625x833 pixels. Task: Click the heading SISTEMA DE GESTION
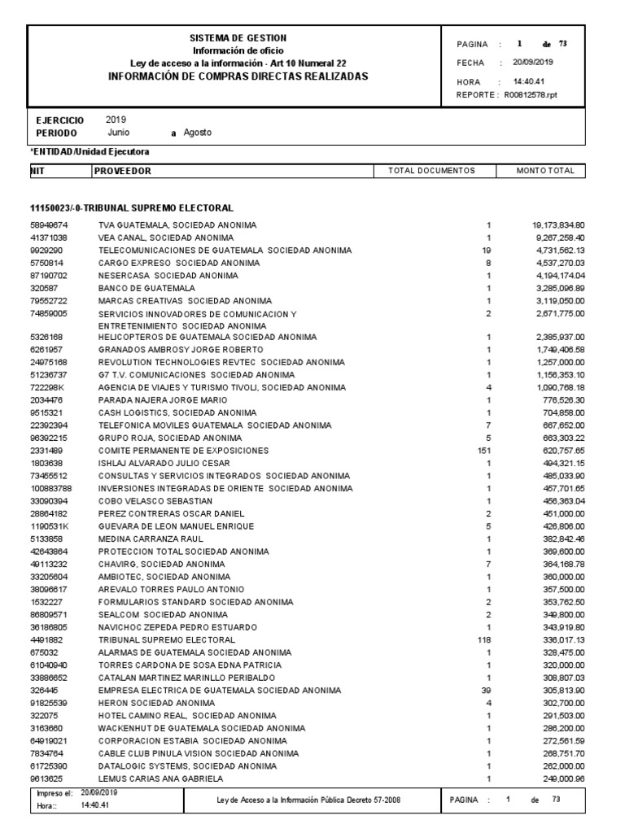click(238, 38)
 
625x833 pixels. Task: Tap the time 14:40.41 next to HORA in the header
click(529, 81)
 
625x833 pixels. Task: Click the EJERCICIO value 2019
click(116, 120)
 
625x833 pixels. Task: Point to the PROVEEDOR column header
click(123, 171)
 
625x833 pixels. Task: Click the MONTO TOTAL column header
click(545, 171)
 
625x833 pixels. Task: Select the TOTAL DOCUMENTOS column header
click(431, 171)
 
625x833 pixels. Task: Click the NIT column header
click(37, 171)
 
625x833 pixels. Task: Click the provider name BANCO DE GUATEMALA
click(146, 288)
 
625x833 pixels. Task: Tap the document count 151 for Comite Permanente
click(486, 450)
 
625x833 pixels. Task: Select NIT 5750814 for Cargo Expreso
click(48, 263)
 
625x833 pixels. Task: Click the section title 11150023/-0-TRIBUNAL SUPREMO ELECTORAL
click(132, 207)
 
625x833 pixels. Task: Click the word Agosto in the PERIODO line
click(198, 133)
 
